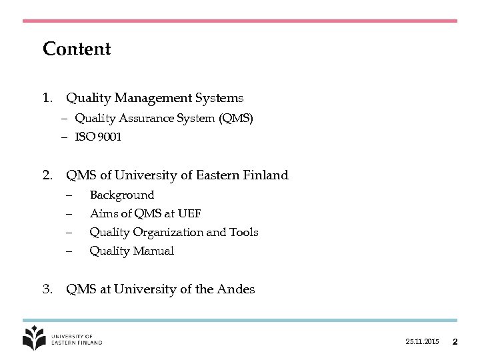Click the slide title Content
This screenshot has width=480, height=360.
pyautogui.click(x=77, y=49)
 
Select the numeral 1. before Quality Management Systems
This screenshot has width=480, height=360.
pyautogui.click(x=47, y=98)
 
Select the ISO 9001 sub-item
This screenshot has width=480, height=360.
pyautogui.click(x=98, y=137)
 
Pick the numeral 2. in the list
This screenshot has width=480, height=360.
pyautogui.click(x=47, y=175)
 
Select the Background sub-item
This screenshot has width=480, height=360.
pyautogui.click(x=121, y=195)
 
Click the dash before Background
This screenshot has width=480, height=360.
pyautogui.click(x=69, y=195)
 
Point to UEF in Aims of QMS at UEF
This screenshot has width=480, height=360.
pyautogui.click(x=189, y=214)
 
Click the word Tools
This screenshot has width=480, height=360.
pyautogui.click(x=243, y=233)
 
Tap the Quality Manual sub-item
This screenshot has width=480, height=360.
pyautogui.click(x=131, y=251)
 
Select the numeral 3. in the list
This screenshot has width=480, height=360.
pyautogui.click(x=47, y=289)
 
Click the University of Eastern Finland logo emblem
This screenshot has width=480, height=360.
pyautogui.click(x=33, y=337)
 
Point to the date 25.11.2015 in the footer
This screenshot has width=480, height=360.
pyautogui.click(x=422, y=342)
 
